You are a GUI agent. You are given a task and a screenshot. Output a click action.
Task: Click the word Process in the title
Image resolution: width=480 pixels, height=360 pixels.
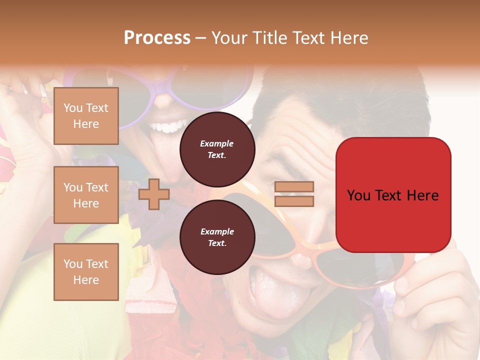coord(157,38)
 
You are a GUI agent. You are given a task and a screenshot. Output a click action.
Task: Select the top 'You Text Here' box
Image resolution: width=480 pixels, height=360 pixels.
coord(86,116)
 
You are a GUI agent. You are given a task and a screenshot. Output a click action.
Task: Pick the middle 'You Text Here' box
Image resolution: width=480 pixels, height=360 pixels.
coord(86,195)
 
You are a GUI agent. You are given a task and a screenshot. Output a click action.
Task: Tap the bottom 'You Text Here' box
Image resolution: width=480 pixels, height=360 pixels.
coord(86,271)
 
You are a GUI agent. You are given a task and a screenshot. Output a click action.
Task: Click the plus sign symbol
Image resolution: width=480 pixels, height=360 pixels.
coord(154,194)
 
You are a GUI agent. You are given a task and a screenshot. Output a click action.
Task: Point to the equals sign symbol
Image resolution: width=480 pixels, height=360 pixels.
coord(294,194)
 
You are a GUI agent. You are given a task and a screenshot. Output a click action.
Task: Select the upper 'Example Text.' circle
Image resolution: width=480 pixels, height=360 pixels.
coord(217,149)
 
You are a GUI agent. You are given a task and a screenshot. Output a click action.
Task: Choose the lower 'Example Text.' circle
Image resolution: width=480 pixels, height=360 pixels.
coord(217,237)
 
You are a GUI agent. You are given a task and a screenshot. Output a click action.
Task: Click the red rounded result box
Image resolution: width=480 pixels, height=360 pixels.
coord(393,195)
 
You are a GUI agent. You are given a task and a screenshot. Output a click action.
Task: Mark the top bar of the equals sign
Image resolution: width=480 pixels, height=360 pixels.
coord(294,186)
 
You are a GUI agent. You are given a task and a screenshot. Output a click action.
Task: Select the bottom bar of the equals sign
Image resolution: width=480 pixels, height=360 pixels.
coord(294,201)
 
